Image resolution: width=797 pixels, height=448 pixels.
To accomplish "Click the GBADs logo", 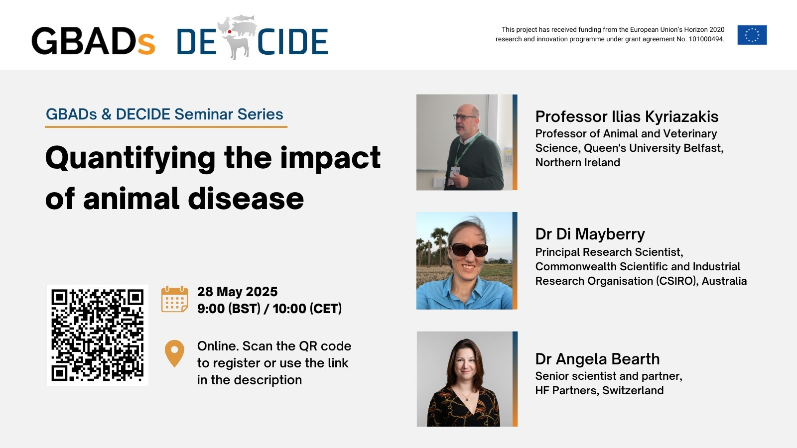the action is pos(93,41).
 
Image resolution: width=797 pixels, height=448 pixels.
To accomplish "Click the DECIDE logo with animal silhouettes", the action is pos(252,38).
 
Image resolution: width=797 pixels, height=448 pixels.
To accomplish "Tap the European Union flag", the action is pos(752,35).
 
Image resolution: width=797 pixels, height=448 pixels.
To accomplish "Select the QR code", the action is pos(98,335).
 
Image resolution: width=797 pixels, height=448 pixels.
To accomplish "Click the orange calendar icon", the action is pos(174,299).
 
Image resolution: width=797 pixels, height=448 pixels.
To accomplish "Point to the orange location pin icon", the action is pos(174,353).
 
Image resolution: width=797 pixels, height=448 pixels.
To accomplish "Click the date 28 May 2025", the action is pos(237,292).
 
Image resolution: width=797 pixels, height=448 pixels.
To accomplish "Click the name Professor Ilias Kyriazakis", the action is pos(627,116).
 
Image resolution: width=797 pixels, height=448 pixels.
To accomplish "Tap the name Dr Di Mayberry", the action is pos(590,234).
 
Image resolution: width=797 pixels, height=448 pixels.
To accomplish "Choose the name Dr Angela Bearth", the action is pos(597,359).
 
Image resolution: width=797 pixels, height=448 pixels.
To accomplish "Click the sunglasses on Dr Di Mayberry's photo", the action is pos(469,250).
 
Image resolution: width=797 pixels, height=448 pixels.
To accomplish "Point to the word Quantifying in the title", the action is pos(130,159).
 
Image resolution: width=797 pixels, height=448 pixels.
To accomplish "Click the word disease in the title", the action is pos(246,199).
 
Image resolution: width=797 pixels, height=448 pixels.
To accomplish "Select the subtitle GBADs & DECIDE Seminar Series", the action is pos(164,114).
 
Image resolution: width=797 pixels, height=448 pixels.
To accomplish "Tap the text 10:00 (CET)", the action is pos(307,309).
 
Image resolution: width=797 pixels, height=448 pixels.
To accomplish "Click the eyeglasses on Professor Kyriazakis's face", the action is pos(464,116).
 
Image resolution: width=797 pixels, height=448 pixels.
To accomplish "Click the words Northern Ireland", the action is pos(577,162).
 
